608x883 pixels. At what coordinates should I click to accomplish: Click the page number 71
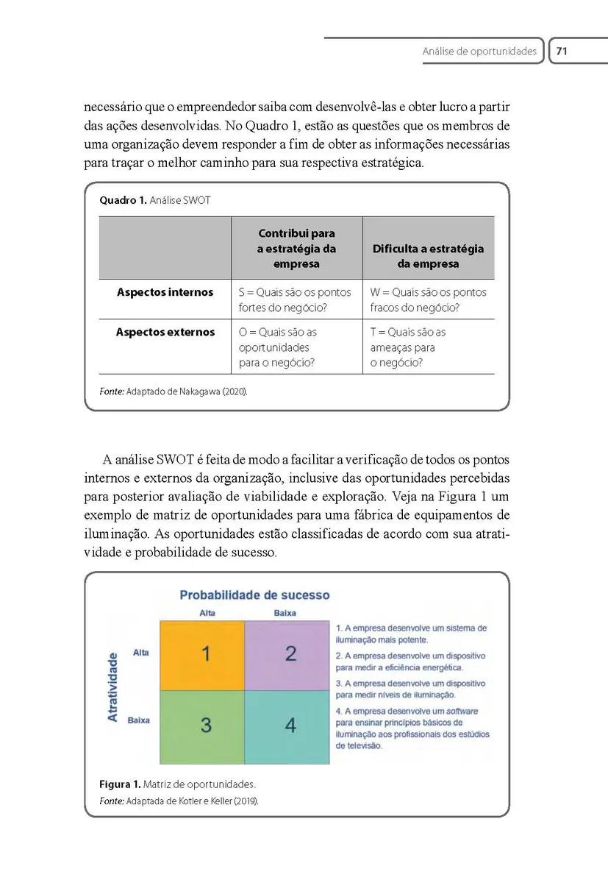point(562,52)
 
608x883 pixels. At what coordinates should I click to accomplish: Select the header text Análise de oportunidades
point(479,52)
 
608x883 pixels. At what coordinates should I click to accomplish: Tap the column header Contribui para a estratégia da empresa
point(296,249)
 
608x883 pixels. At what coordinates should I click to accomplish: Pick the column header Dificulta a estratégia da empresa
point(428,256)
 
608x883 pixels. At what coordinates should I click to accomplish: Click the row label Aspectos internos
point(165,292)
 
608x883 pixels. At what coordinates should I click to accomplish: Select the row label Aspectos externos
point(165,332)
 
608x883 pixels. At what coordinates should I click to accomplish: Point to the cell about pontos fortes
point(296,299)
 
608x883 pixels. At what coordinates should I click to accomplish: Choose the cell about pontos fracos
point(428,299)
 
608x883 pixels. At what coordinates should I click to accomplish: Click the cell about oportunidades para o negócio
point(278,347)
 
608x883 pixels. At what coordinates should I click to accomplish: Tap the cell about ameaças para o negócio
point(407,347)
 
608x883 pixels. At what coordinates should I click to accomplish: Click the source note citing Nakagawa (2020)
point(174,391)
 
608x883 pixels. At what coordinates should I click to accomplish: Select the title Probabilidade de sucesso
point(254,595)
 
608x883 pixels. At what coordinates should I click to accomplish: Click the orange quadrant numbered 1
point(202,655)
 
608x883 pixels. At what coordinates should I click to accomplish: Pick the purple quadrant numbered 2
point(287,655)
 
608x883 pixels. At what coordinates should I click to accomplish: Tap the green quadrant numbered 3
point(202,726)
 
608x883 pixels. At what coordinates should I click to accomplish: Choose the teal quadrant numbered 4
point(287,726)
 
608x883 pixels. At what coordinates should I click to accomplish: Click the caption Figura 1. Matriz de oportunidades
point(177,784)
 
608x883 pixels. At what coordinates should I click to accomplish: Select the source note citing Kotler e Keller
point(179,800)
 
